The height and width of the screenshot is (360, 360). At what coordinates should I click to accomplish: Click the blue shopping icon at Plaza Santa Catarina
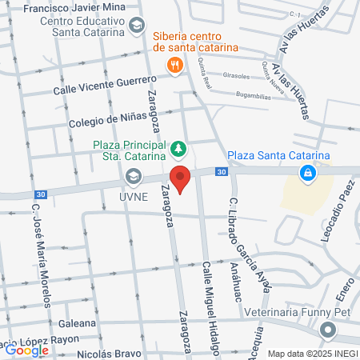[x=306, y=172]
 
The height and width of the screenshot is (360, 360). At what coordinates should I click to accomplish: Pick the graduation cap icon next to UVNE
[x=133, y=176]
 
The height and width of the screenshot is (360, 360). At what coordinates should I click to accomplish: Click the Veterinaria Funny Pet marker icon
[x=326, y=330]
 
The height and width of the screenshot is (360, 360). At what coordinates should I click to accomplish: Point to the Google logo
[x=26, y=350]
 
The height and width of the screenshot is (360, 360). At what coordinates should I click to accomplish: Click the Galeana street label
[x=78, y=324]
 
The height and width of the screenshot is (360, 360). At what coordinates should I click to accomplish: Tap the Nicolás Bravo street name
[x=109, y=351]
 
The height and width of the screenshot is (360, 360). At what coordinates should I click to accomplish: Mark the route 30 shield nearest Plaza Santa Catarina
[x=221, y=171]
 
